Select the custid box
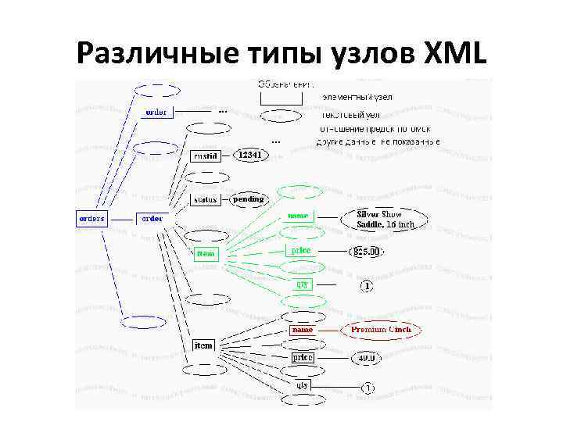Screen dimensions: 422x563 click(206, 156)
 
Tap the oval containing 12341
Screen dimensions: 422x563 click(250, 155)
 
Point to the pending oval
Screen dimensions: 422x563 click(249, 199)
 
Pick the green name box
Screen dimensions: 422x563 click(298, 216)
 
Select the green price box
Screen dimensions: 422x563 click(300, 251)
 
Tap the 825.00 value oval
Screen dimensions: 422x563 click(366, 252)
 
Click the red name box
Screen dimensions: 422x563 click(302, 330)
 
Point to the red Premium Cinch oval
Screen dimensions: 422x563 click(380, 330)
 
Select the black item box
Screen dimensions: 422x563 click(203, 345)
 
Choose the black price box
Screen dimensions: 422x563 click(302, 357)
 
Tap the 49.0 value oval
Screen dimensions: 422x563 click(366, 358)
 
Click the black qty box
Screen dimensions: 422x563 click(302, 384)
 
